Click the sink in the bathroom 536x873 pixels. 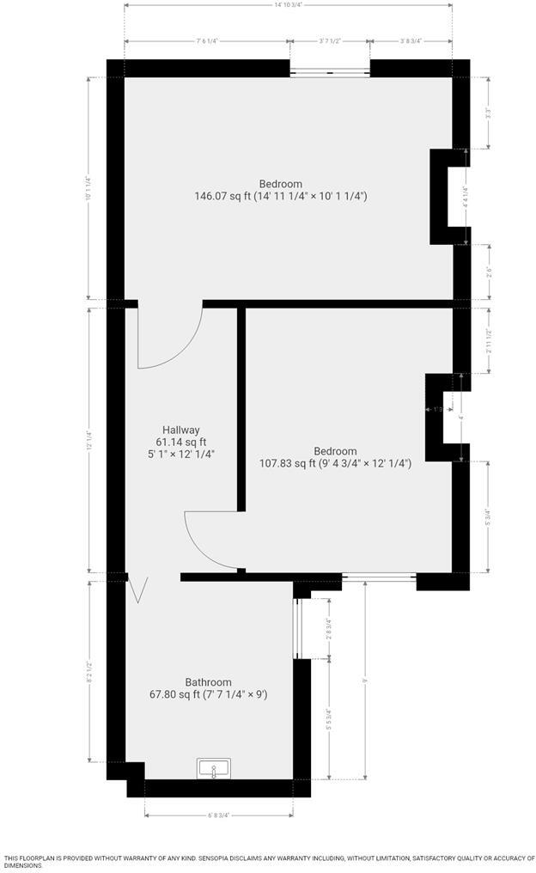point(213,768)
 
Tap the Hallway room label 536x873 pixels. point(180,430)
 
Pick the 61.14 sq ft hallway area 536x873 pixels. point(180,442)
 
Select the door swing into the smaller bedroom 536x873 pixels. point(212,540)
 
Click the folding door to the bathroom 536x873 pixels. point(137,589)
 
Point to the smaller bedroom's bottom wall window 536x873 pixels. point(379,577)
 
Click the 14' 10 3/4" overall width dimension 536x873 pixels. point(289,5)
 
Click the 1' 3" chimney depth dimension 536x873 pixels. point(437,409)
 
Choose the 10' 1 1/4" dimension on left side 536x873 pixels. point(88,187)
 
